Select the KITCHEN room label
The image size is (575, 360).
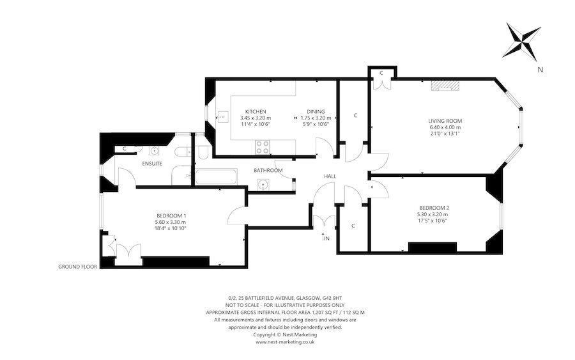tap(255, 111)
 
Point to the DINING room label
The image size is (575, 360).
tap(315, 111)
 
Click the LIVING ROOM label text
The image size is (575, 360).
tap(445, 121)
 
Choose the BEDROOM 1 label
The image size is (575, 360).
tap(171, 215)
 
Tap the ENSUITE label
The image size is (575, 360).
tap(152, 164)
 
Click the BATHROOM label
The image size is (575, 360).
tap(268, 171)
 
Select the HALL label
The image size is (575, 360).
tap(330, 176)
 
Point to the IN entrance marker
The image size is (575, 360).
tap(326, 239)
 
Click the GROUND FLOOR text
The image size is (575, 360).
tap(77, 267)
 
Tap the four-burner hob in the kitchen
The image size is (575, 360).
tap(262, 146)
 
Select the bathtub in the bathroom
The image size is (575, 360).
tap(216, 176)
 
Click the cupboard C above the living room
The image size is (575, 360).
tap(381, 73)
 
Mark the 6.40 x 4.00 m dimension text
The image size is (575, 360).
tap(445, 127)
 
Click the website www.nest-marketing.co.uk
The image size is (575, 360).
tap(285, 342)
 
